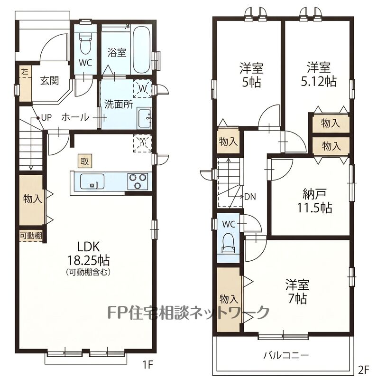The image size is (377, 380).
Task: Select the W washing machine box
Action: (142, 88)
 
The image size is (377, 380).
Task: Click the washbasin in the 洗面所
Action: (145, 118)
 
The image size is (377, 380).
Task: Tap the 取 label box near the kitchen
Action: (84, 161)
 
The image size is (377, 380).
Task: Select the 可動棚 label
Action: (30, 236)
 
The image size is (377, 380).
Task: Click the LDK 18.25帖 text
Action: (88, 254)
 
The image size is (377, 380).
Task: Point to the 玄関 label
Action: (50, 80)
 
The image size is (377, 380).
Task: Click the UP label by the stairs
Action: (46, 117)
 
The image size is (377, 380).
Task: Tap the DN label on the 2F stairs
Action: (250, 197)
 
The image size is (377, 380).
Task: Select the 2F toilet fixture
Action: (229, 243)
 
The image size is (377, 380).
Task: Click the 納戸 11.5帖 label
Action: (314, 200)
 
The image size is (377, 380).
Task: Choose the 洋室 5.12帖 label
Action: (319, 74)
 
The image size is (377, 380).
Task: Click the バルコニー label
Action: (286, 355)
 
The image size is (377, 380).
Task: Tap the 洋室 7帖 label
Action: (297, 292)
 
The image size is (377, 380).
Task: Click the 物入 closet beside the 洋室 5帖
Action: (228, 141)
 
